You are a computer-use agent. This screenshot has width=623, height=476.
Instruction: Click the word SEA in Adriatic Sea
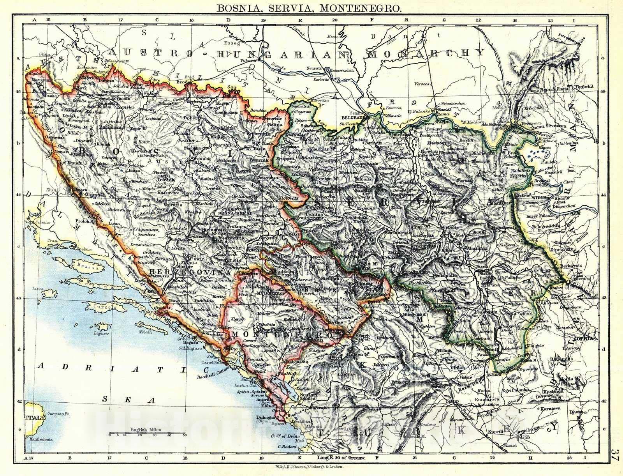128,400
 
